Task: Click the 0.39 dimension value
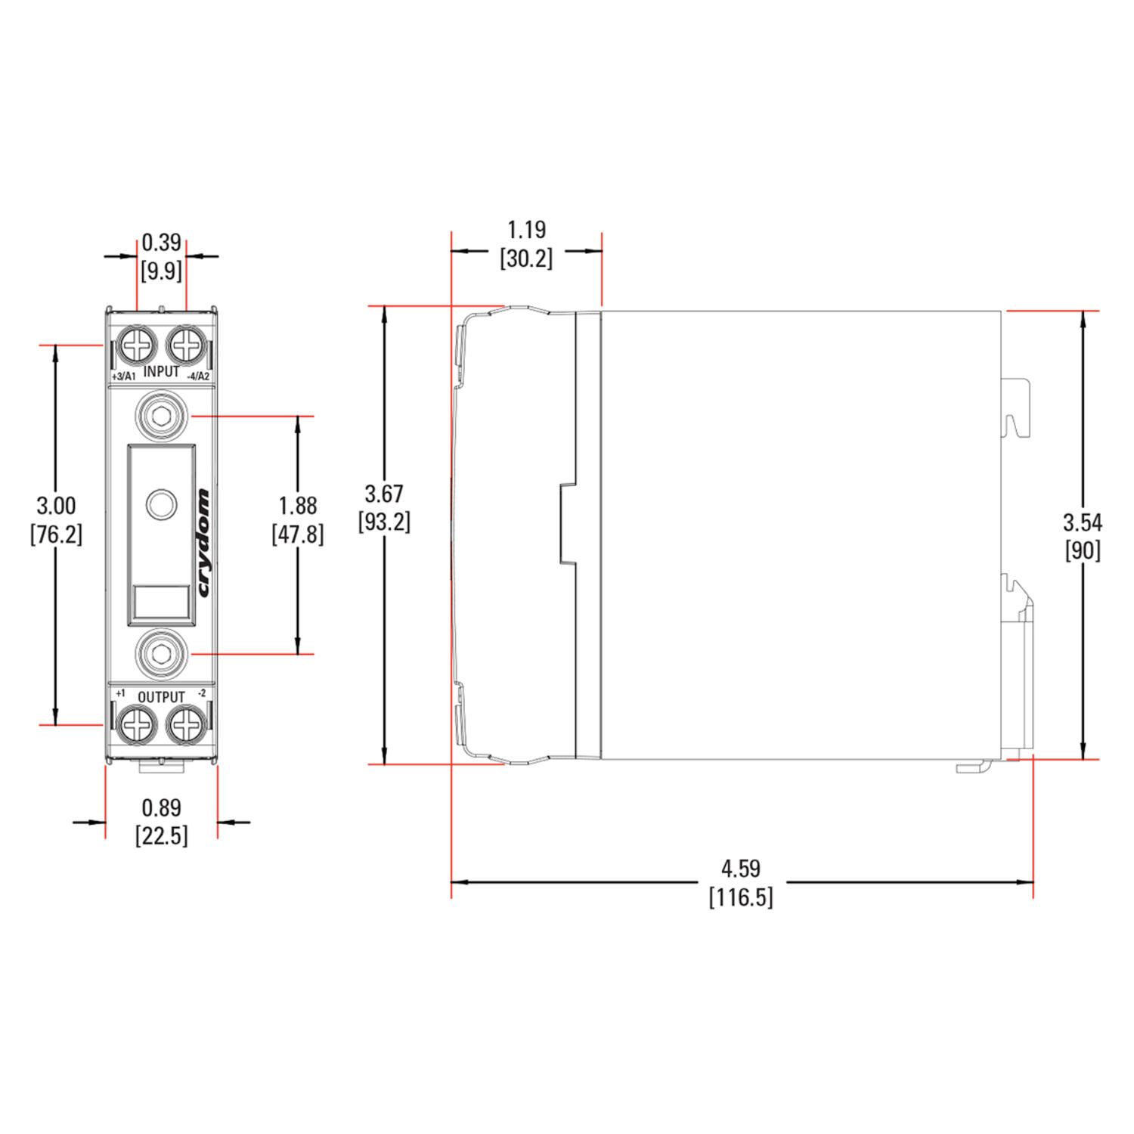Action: pos(161,243)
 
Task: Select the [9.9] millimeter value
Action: pos(161,271)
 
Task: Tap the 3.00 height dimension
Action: pos(56,506)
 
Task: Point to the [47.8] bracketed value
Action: pos(298,534)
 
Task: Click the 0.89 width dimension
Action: pos(161,808)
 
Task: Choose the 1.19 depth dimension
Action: pos(526,230)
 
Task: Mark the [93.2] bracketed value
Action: pos(384,522)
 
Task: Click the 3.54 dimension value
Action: pos(1083,522)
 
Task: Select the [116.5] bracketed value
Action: pos(741,897)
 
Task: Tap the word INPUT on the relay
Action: pos(161,371)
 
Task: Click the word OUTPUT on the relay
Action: pos(161,697)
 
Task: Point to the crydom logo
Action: pos(203,543)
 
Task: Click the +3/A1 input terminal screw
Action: pos(137,346)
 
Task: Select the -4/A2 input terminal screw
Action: pos(186,346)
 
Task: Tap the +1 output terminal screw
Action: pos(137,725)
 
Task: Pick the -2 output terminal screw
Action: pos(186,725)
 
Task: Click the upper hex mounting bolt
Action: pos(161,416)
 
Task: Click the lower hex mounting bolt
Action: pos(161,654)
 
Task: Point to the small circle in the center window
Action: pos(161,504)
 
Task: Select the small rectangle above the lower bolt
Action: pos(161,602)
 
